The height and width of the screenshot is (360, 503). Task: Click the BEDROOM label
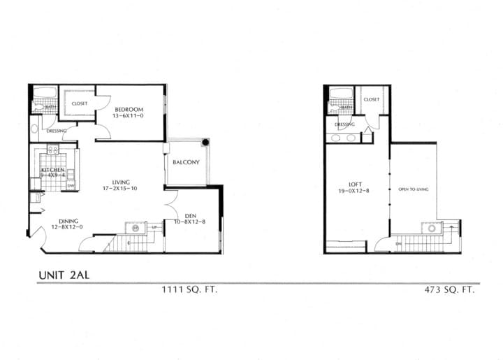pos(129,109)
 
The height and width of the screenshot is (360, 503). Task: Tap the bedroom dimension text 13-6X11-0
pos(128,116)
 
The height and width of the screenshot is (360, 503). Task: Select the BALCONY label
pos(187,163)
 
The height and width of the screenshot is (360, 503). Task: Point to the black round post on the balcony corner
pos(205,142)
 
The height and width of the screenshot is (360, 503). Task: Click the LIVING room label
pos(121,182)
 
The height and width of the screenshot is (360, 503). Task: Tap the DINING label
pos(68,221)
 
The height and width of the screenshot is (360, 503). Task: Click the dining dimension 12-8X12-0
pos(67,228)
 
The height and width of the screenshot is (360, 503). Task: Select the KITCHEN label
pos(52,170)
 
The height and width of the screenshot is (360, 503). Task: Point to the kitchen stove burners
pos(52,149)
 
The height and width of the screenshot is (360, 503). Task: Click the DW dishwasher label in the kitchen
pos(71,185)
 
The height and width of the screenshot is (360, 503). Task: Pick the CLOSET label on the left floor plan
pos(79,103)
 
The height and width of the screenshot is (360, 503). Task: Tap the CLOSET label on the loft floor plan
pos(372,99)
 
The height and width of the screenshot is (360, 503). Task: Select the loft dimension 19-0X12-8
pos(354,192)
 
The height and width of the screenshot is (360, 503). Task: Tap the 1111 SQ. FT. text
pos(189,289)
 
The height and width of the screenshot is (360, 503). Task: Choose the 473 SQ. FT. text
pos(448,289)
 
